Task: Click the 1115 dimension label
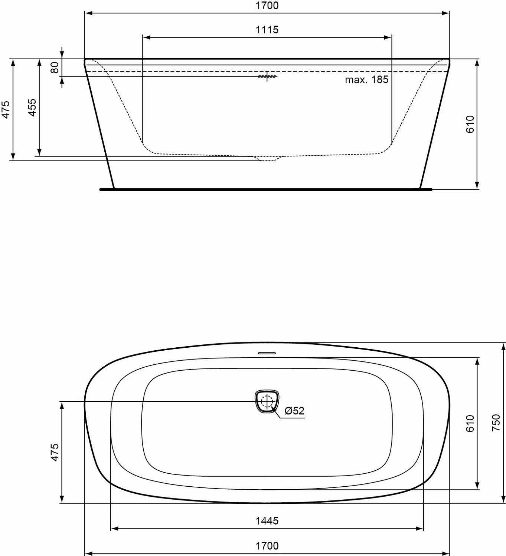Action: coord(267,30)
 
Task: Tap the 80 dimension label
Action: coord(55,67)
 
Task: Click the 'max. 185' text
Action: coord(366,80)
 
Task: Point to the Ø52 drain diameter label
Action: coord(294,410)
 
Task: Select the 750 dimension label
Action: coord(496,423)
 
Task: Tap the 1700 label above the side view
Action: coord(267,6)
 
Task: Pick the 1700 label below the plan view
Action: coord(267,546)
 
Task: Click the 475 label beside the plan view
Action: coord(55,452)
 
